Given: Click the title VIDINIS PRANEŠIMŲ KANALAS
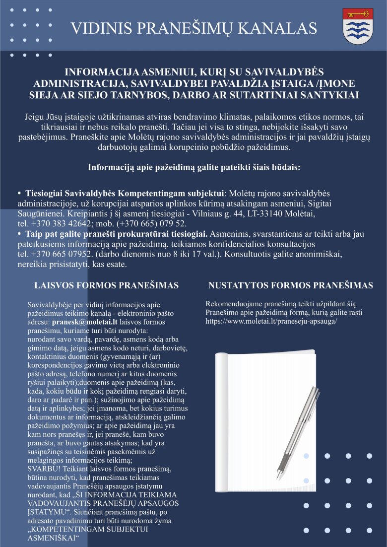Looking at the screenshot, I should coord(194,28).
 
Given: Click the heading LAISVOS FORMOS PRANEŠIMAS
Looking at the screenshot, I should coord(106,285).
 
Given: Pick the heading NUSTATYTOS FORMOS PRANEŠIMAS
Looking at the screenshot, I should coord(290,285).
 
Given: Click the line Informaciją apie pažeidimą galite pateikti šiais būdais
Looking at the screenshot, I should coord(194,167).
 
